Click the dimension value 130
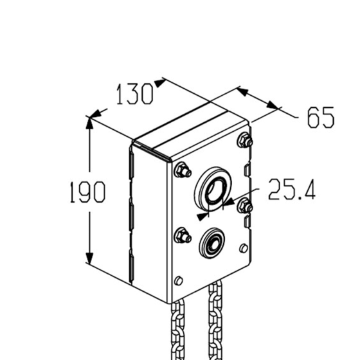[134, 94]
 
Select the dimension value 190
[87, 192]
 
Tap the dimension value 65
[321, 117]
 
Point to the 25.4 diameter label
[292, 189]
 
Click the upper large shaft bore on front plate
[213, 189]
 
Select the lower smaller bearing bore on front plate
[212, 244]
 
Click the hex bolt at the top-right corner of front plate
[245, 140]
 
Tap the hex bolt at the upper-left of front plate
[183, 170]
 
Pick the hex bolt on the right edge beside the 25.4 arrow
[245, 206]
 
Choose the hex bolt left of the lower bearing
[183, 235]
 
